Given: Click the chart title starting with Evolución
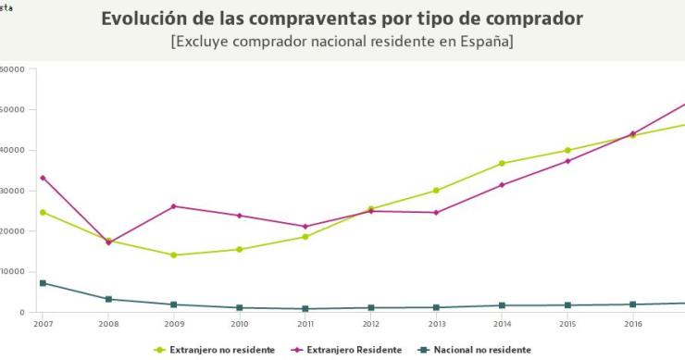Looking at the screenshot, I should coord(342,19).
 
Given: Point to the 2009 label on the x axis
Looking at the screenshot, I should coord(173,324).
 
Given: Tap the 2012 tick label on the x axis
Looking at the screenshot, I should coord(370,324).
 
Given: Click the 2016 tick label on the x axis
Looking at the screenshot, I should coord(633,324).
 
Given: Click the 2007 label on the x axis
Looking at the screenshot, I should coord(43,324).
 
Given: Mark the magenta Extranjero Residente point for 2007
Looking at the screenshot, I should coord(43,178).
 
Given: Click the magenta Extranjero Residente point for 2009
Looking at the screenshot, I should coord(174,206).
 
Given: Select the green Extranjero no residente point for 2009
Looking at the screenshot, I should coord(174,255).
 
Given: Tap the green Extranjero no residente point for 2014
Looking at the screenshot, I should coord(502,164).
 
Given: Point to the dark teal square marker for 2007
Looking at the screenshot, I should coord(43,283).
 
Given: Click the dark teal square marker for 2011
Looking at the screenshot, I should coord(305,309).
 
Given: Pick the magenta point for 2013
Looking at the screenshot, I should coord(436,213).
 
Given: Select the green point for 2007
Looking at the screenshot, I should coord(43,212).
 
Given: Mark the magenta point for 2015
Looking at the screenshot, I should coord(567,161).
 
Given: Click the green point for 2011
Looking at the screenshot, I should coord(305,237).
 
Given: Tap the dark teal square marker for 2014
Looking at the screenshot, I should coord(502,305).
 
